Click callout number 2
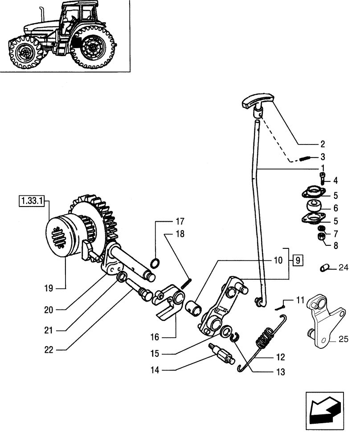coord(322,144)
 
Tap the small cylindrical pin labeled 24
coord(324,268)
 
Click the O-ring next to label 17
coord(153,264)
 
